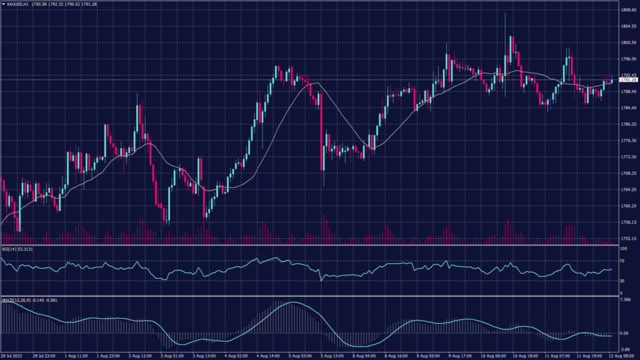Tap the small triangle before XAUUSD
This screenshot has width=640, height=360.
[3, 4]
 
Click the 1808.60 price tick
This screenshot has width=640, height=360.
[628, 10]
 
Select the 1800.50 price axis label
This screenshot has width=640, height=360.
[628, 42]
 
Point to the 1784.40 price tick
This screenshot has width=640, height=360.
[628, 107]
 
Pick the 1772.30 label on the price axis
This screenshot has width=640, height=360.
[628, 156]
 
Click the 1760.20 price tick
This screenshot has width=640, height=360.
[628, 206]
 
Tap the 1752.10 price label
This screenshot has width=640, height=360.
[628, 238]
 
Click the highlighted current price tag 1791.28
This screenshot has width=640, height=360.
[628, 80]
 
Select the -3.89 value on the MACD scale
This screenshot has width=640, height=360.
[625, 350]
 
